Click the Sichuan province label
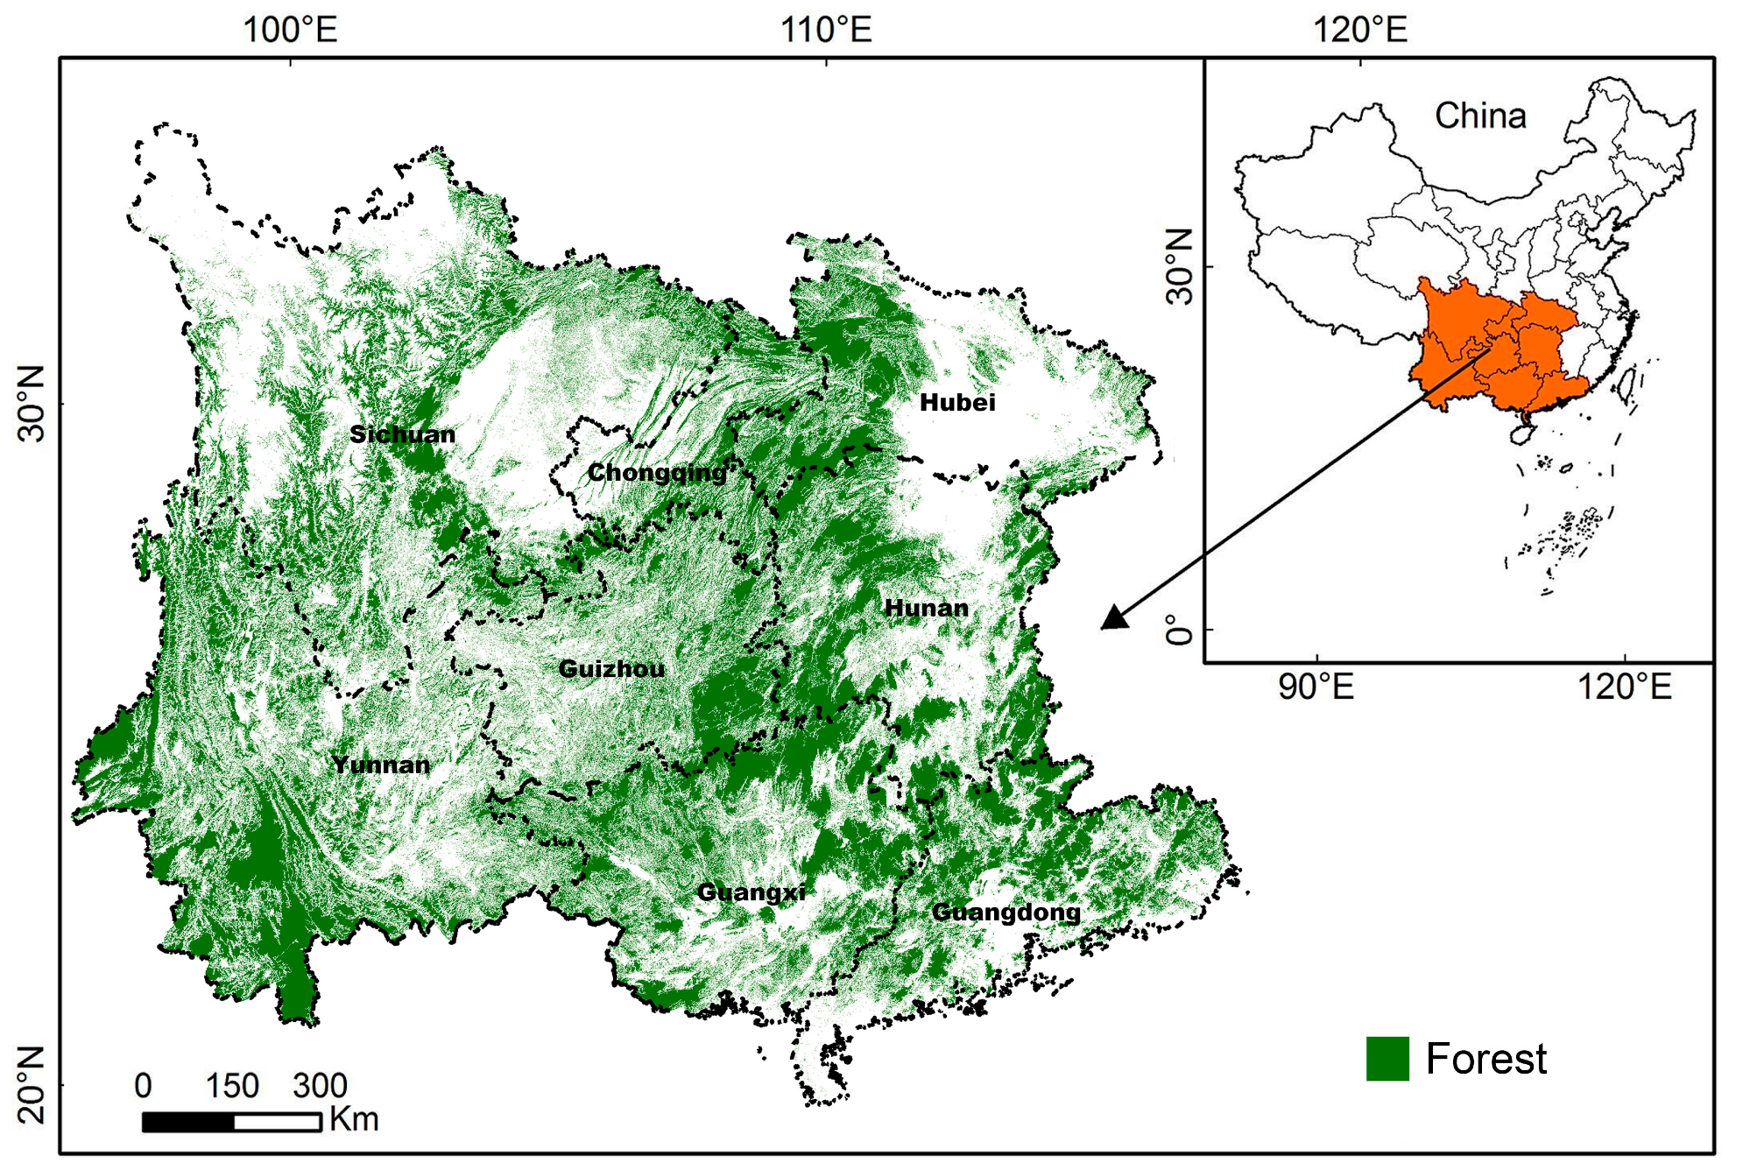pyautogui.click(x=402, y=434)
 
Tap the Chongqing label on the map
pyautogui.click(x=657, y=473)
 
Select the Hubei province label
pyautogui.click(x=957, y=403)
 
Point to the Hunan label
pyautogui.click(x=926, y=608)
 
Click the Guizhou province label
pyautogui.click(x=611, y=669)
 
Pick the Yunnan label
pyautogui.click(x=381, y=765)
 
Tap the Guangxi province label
pyautogui.click(x=751, y=892)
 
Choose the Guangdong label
pyautogui.click(x=1006, y=913)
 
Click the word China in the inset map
pyautogui.click(x=1480, y=116)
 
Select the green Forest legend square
pyautogui.click(x=1387, y=1059)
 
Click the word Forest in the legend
pyautogui.click(x=1485, y=1059)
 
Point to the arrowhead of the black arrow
pyautogui.click(x=1114, y=619)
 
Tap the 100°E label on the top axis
pyautogui.click(x=290, y=30)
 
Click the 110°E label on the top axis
pyautogui.click(x=826, y=30)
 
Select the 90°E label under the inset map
pyautogui.click(x=1316, y=687)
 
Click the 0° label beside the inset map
pyautogui.click(x=1181, y=629)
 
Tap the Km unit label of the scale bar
pyautogui.click(x=353, y=1119)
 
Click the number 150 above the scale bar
pyautogui.click(x=232, y=1086)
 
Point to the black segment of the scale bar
pyautogui.click(x=188, y=1122)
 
